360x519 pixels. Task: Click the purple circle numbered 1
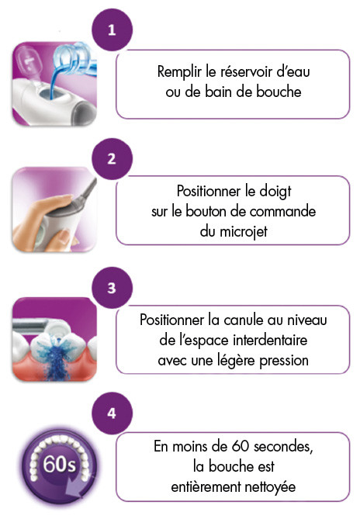click(112, 29)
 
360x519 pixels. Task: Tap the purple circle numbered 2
click(112, 158)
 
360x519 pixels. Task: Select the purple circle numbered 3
click(112, 288)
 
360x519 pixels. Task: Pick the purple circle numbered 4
click(112, 413)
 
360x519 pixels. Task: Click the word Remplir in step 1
click(179, 72)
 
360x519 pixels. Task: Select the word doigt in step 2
click(275, 192)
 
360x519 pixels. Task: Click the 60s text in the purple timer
click(59, 464)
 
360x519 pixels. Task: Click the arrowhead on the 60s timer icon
click(74, 490)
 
